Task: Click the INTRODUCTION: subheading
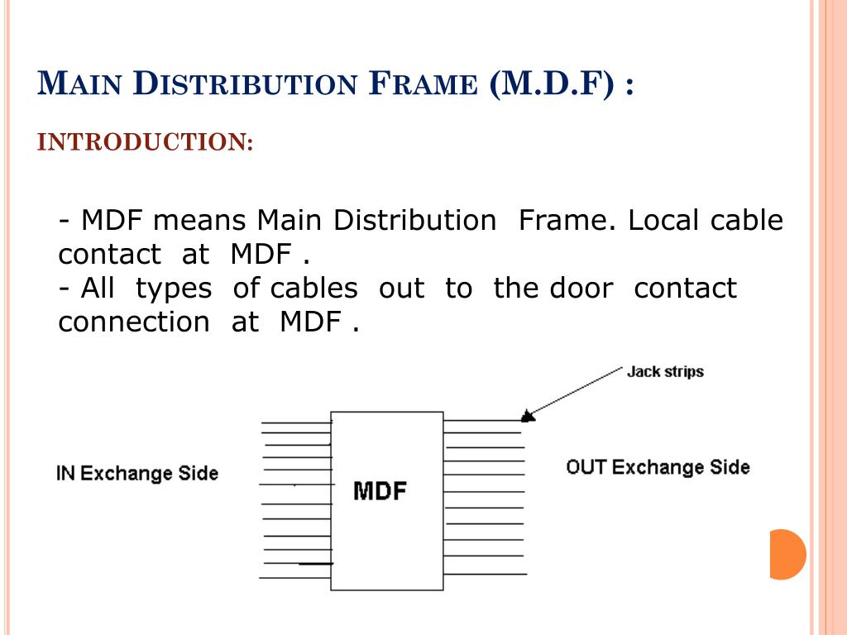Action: [146, 142]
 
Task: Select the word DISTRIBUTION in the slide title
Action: [246, 85]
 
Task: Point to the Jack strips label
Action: [665, 371]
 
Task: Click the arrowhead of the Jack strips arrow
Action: [528, 415]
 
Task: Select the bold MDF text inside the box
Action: [380, 491]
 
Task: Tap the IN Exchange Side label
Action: [137, 474]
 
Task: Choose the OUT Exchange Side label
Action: [658, 467]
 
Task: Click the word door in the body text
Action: [581, 289]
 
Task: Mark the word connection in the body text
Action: [134, 322]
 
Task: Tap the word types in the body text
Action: [174, 289]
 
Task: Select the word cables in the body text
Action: [314, 289]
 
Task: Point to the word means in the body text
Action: [199, 221]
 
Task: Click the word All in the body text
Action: [98, 289]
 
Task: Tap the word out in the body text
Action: [401, 289]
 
